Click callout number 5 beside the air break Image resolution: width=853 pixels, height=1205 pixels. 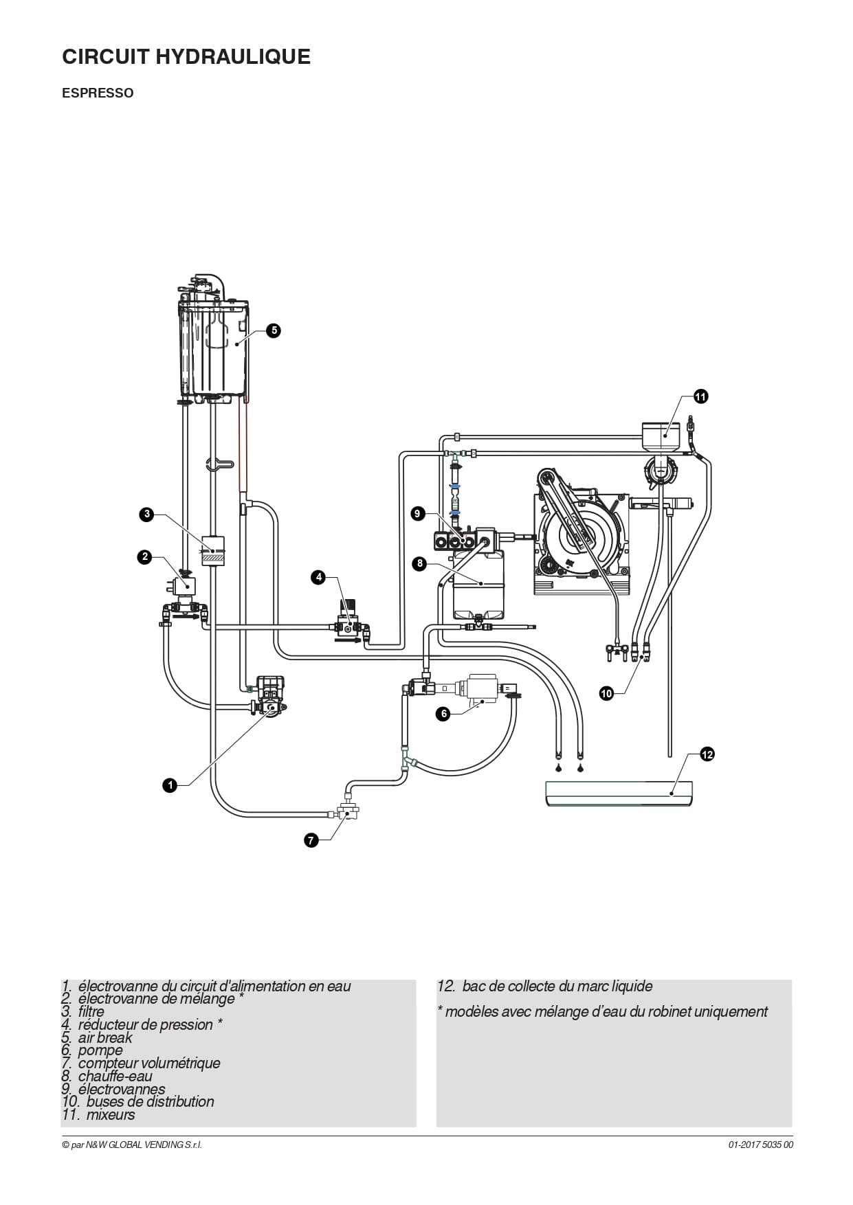click(274, 330)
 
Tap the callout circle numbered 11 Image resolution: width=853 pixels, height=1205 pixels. click(700, 396)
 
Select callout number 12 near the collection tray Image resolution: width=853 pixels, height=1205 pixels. click(707, 754)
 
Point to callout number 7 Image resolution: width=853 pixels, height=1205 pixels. click(311, 840)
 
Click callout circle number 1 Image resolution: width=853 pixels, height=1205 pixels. click(170, 785)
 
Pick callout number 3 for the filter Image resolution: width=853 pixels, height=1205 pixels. click(146, 514)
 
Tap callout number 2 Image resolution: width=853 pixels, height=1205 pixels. click(144, 556)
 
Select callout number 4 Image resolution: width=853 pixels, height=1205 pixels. click(318, 577)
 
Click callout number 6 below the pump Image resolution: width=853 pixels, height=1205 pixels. click(444, 714)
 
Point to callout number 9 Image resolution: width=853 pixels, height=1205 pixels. click(418, 513)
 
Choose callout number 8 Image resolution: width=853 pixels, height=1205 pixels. click(418, 564)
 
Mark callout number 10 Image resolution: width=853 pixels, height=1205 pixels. click(606, 694)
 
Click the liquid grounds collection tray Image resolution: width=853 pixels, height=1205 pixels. click(619, 793)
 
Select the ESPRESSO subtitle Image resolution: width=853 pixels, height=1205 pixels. click(98, 93)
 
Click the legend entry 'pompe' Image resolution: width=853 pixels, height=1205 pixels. click(100, 1050)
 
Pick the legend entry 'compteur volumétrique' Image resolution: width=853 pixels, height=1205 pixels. click(149, 1063)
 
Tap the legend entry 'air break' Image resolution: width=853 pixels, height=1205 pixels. click(105, 1037)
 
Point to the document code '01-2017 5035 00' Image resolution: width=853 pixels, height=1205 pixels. click(761, 1145)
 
